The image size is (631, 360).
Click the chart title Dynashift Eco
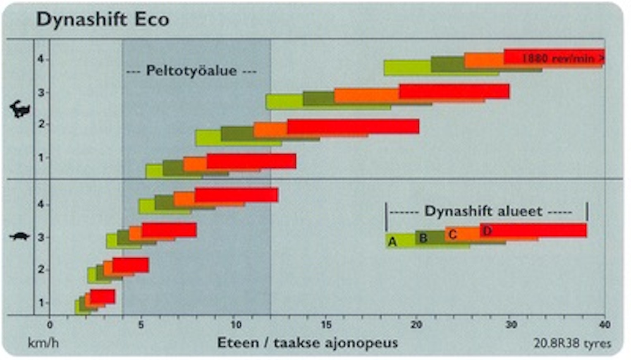click(x=103, y=19)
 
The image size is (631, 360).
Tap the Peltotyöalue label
click(x=191, y=71)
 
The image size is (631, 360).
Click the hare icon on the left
click(x=20, y=109)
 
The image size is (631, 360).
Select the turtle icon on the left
click(x=20, y=237)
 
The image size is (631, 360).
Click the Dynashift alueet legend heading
click(x=483, y=211)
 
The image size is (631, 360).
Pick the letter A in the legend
click(x=392, y=242)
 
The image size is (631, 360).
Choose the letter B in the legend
click(x=423, y=238)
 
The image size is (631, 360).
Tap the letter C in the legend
click(x=453, y=235)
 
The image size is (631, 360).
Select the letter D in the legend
click(x=487, y=231)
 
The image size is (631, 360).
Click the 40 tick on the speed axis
click(x=605, y=325)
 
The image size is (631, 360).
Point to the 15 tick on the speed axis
click(x=326, y=325)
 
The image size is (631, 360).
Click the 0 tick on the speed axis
click(x=50, y=325)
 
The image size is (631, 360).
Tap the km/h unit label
click(x=43, y=343)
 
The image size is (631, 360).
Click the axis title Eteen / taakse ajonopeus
click(x=308, y=343)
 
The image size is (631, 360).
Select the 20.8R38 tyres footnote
click(x=572, y=343)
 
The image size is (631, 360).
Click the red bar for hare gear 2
click(x=353, y=126)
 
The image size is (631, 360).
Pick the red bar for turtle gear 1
click(x=102, y=296)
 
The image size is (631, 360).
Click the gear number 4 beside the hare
click(x=40, y=59)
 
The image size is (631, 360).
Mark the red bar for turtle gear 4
click(x=236, y=195)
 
